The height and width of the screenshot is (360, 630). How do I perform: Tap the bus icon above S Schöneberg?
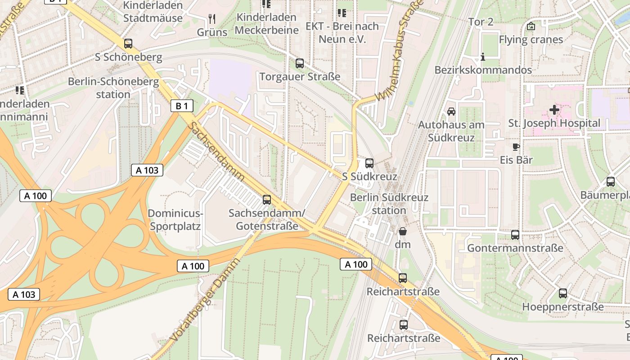click(x=128, y=44)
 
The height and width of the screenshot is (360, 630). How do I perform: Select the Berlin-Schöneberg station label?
click(x=113, y=88)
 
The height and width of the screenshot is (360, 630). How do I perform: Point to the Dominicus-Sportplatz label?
click(x=175, y=220)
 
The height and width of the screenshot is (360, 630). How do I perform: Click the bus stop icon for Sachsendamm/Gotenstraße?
click(x=267, y=200)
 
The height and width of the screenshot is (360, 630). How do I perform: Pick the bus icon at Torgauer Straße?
click(x=300, y=63)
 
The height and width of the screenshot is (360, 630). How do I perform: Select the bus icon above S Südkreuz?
click(x=369, y=163)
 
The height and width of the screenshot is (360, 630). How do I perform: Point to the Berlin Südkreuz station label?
click(x=389, y=204)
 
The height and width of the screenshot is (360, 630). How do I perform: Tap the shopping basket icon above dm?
click(x=403, y=231)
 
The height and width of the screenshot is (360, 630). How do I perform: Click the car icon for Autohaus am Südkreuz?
click(x=451, y=112)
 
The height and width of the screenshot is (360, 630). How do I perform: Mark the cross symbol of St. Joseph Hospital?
click(x=554, y=109)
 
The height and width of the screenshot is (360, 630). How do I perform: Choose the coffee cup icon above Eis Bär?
click(x=516, y=147)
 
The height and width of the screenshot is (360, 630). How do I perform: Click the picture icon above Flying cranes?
click(x=531, y=26)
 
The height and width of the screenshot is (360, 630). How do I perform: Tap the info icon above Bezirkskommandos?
click(x=483, y=57)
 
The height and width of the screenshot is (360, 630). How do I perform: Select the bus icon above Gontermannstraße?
click(x=515, y=235)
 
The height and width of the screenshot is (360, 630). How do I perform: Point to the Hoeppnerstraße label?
click(x=563, y=307)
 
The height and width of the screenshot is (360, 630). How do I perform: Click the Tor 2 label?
click(x=481, y=22)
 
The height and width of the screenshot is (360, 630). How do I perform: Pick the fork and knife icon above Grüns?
click(x=212, y=19)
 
